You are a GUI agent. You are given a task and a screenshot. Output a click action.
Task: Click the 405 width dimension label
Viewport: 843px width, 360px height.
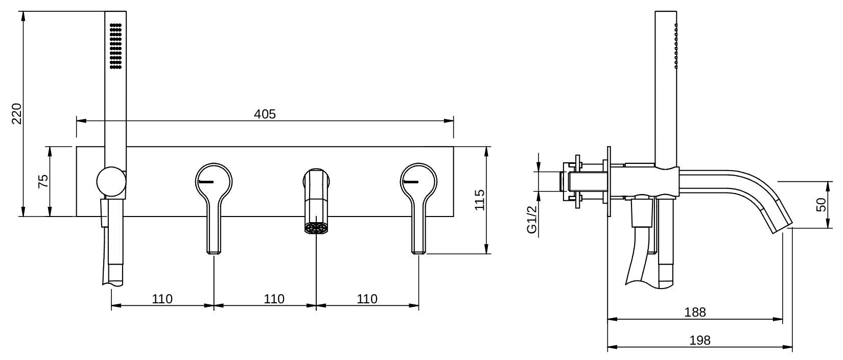tap(265, 114)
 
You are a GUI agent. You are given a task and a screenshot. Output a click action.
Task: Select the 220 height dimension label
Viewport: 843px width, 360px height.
tap(17, 113)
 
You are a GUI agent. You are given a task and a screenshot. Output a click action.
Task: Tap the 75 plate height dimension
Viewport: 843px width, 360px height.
tap(43, 181)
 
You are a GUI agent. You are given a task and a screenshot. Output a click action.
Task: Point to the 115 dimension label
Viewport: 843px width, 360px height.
tap(479, 200)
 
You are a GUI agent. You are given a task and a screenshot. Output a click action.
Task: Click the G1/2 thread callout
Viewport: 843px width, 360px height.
tap(531, 220)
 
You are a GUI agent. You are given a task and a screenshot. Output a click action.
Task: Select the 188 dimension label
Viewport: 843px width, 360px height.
tap(695, 312)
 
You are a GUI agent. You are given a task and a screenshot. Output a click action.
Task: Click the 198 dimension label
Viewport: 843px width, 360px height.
tap(699, 341)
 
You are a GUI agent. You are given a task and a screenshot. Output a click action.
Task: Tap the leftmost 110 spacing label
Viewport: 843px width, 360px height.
tap(162, 299)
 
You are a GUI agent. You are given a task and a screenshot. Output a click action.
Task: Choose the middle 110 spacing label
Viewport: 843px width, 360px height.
tap(274, 299)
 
